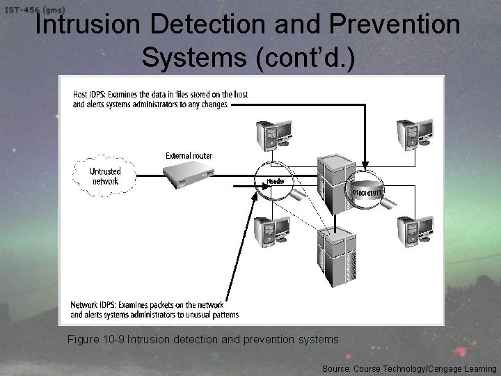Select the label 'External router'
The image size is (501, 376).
point(189,155)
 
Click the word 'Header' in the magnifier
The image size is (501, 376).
point(276,181)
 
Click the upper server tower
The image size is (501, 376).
point(336,182)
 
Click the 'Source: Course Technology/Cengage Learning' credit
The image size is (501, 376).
point(409,368)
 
